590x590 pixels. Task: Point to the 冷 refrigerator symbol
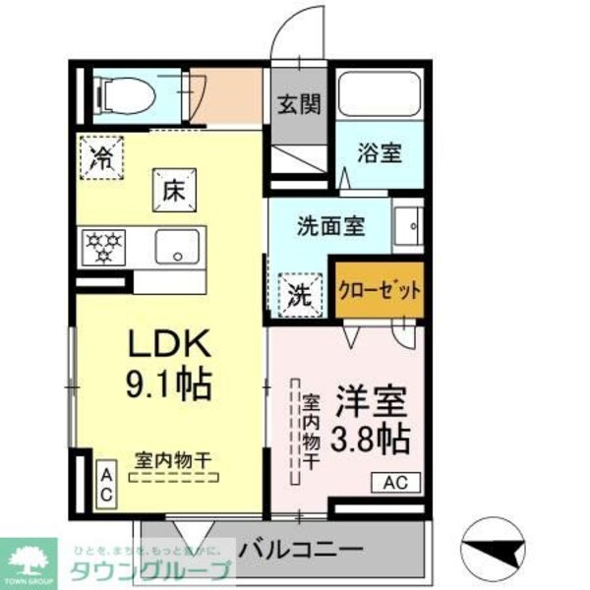click(101, 155)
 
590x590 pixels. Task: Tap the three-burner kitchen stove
click(103, 246)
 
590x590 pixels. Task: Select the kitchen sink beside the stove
click(177, 246)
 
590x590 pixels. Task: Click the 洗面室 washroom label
click(331, 225)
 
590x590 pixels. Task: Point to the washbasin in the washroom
click(408, 226)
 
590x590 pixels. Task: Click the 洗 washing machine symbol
click(299, 292)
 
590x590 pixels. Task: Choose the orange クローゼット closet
click(381, 290)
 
